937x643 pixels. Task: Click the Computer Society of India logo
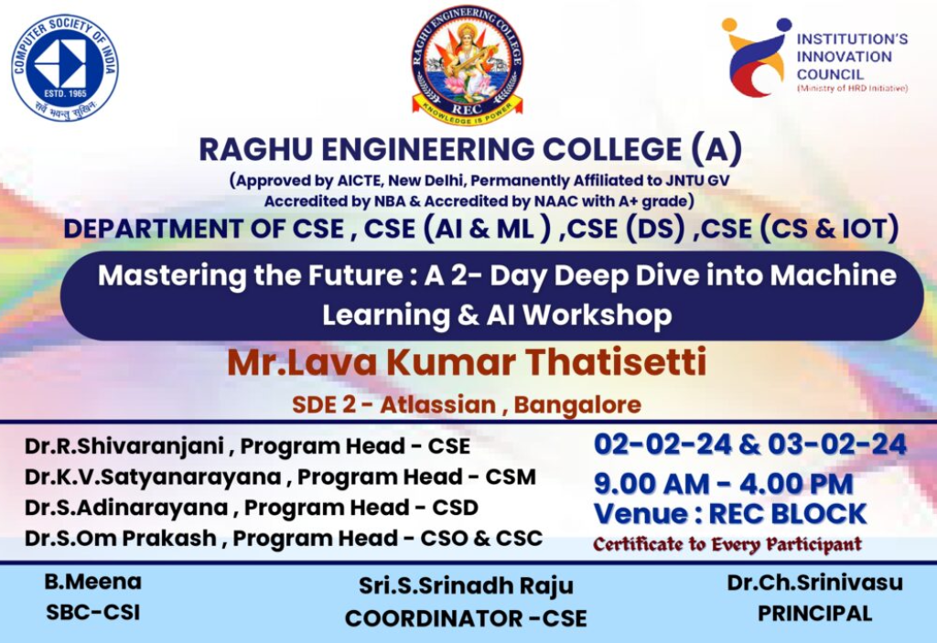[65, 68]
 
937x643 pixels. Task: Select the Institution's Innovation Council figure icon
[755, 57]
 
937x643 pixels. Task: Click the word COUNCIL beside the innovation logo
[830, 75]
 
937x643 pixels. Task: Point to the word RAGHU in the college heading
[256, 149]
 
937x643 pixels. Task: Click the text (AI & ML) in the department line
[486, 229]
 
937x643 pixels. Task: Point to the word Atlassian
[438, 404]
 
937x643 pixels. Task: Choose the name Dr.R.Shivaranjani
[124, 446]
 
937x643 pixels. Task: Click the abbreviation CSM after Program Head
[511, 477]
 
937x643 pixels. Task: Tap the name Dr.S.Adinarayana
[126, 508]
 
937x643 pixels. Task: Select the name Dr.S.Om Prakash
[121, 539]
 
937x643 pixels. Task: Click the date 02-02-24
[662, 445]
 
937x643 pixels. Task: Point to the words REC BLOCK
[787, 514]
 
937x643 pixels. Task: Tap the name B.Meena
[92, 582]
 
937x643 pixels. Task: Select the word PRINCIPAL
[814, 614]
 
